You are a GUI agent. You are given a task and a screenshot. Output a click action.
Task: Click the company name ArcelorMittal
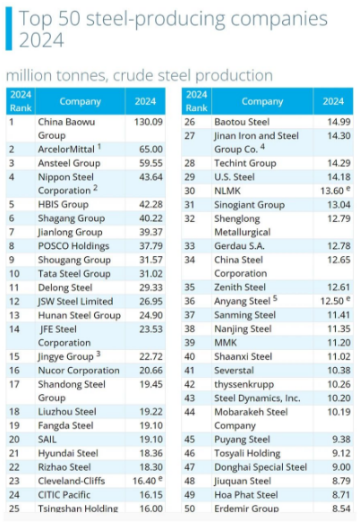pyautogui.click(x=66, y=149)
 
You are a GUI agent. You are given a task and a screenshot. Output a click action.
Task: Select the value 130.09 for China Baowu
pyautogui.click(x=149, y=122)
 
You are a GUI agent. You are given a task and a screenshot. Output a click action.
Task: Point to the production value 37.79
pyautogui.click(x=150, y=245)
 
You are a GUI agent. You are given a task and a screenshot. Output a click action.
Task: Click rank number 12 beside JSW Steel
pyautogui.click(x=14, y=301)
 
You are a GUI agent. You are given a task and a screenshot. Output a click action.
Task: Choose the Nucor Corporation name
pyautogui.click(x=79, y=370)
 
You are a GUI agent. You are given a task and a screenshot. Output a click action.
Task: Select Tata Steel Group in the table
pyautogui.click(x=74, y=273)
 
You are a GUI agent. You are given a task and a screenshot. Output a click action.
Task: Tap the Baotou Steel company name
pyautogui.click(x=242, y=122)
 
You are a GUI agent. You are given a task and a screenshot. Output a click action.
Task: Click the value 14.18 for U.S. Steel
pyautogui.click(x=339, y=176)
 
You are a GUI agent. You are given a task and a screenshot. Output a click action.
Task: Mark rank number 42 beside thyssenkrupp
pyautogui.click(x=190, y=384)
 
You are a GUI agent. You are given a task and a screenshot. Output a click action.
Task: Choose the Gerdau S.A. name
pyautogui.click(x=239, y=245)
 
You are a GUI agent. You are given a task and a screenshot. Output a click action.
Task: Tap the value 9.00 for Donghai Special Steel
pyautogui.click(x=341, y=466)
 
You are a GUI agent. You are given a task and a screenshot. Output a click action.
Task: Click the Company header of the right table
pyautogui.click(x=262, y=101)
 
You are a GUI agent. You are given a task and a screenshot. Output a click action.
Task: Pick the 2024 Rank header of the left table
pyautogui.click(x=21, y=101)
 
